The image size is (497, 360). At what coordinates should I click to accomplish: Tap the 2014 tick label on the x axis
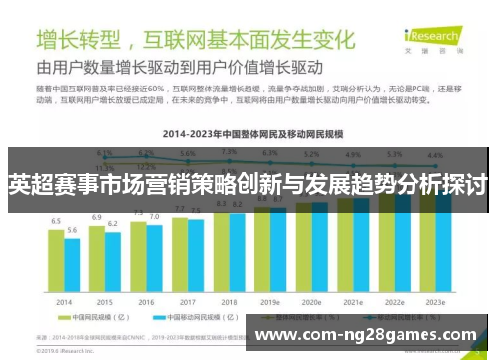[64, 302]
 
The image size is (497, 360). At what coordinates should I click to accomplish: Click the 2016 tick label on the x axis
[146, 302]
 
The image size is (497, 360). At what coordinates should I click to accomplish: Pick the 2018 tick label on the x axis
[229, 302]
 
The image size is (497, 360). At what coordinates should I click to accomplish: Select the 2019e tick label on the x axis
[270, 302]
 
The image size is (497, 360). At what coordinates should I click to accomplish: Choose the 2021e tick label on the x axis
[353, 302]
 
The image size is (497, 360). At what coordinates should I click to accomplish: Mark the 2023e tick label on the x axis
[435, 302]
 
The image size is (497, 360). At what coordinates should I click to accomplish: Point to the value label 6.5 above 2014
[56, 221]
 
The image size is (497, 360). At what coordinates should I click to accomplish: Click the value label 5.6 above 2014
[72, 230]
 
